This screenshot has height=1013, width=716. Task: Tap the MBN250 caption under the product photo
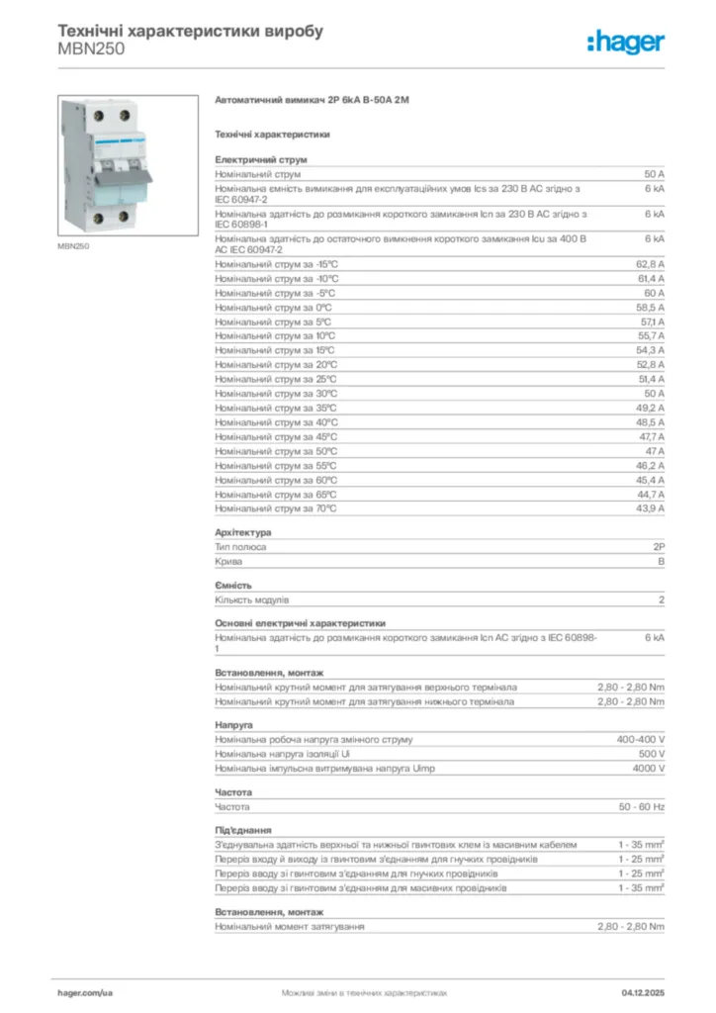pos(75,246)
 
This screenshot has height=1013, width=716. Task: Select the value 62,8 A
pos(650,264)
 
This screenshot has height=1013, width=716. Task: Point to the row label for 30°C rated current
pos(276,394)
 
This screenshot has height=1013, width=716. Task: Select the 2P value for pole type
pos(658,546)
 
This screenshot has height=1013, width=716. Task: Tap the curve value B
pos(661,561)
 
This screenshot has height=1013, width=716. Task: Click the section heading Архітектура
pos(242,532)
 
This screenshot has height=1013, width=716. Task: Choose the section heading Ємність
pos(233,585)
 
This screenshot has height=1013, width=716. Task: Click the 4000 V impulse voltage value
pos(647,769)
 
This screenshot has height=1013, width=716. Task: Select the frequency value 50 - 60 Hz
pos(641,807)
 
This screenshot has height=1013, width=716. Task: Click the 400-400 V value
pos(641,739)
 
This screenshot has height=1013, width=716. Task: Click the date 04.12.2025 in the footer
pos(643,991)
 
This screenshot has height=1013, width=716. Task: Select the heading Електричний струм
pos(261,159)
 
